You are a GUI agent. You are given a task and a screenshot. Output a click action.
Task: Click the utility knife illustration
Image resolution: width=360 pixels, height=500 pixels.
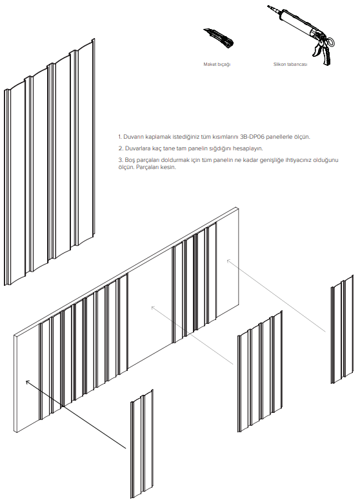point(219,38)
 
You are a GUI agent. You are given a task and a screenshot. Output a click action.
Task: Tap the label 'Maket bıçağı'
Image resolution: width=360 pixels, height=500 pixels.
point(217,65)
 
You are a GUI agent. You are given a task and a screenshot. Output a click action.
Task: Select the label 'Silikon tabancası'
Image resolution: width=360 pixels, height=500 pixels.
point(290,65)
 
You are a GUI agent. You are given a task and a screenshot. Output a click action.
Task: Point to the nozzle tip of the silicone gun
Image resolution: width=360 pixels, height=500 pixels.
point(268,6)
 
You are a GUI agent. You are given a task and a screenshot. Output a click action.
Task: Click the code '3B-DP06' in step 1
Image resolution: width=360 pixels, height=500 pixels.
point(252,137)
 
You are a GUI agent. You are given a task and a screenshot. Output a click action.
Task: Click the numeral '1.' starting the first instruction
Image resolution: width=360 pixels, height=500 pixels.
point(120,137)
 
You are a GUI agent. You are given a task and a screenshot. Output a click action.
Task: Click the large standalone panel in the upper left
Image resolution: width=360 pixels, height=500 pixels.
point(50,162)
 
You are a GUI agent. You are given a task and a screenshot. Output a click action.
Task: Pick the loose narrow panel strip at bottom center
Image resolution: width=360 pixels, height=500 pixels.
point(142,444)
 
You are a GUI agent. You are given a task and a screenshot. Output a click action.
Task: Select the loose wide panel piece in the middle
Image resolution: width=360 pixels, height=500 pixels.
point(260,372)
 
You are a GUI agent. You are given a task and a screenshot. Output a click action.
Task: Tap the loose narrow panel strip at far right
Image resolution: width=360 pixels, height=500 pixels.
point(342,329)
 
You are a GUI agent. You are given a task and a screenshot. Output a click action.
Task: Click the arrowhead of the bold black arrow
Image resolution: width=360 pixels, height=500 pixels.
point(28,382)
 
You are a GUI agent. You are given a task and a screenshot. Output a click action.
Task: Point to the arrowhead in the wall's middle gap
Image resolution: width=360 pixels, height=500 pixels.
point(153,307)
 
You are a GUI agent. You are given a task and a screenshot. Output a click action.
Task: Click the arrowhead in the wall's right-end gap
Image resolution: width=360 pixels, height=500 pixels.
point(228,261)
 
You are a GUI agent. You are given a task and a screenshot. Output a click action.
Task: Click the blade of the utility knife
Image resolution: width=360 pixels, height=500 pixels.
point(207,32)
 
